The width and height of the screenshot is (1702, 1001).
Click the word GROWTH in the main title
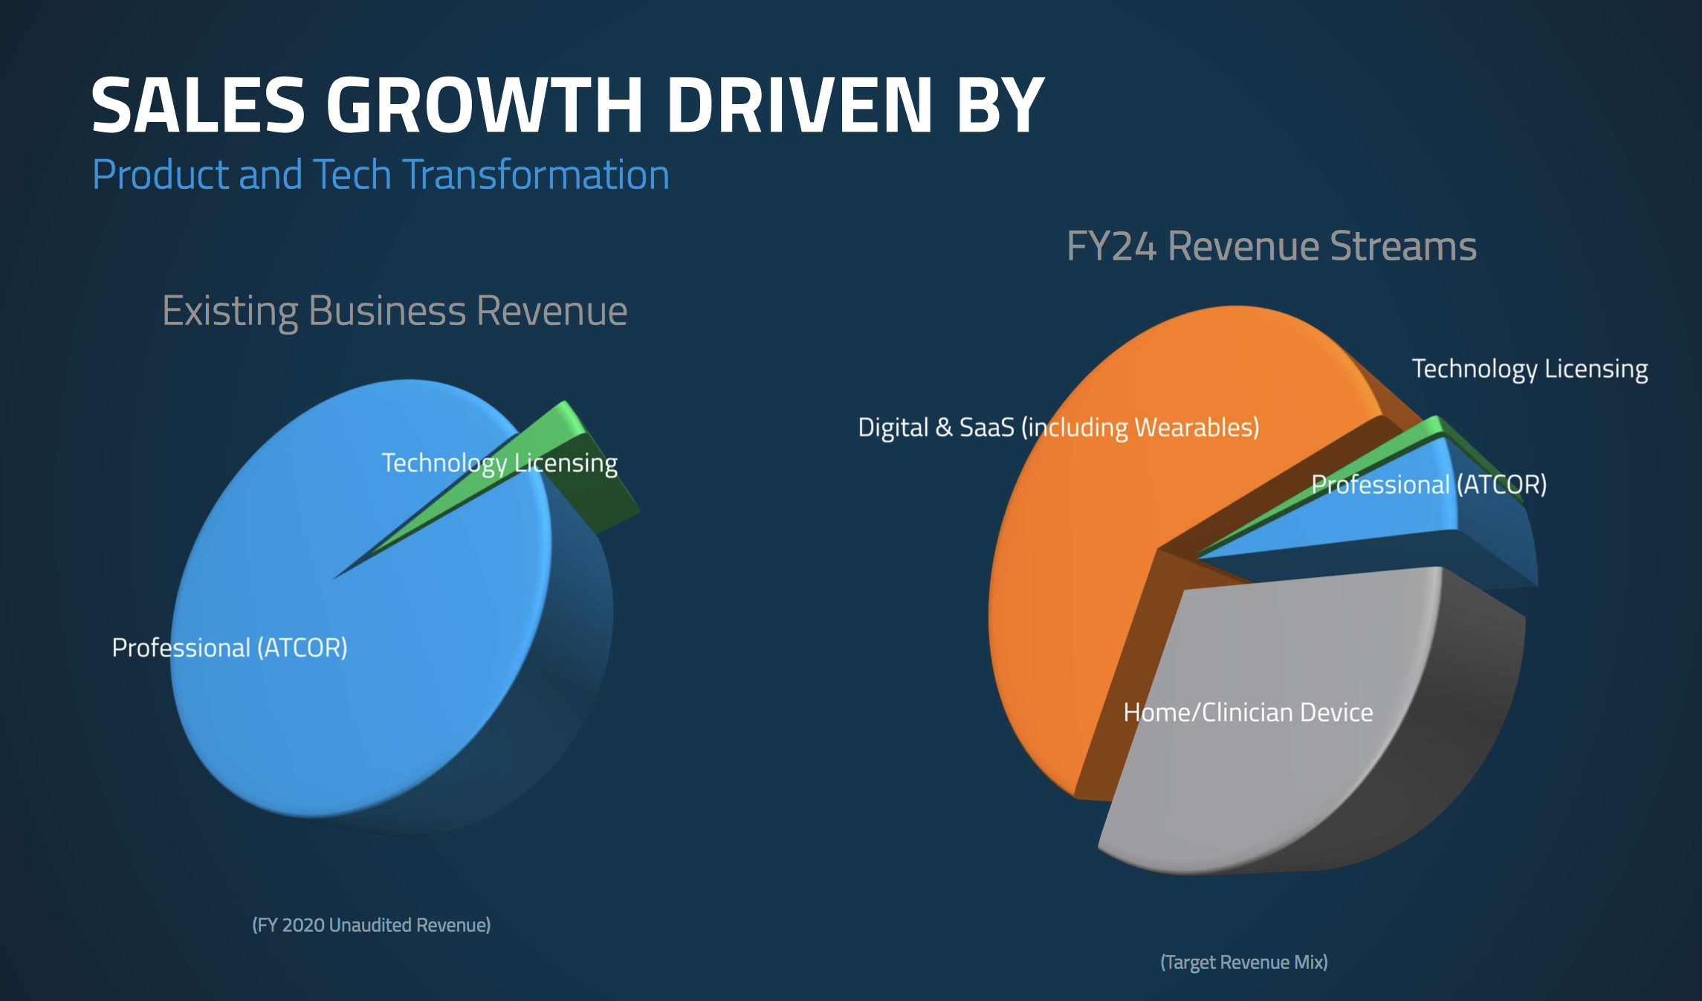484,105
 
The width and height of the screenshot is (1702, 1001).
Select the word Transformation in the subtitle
536,175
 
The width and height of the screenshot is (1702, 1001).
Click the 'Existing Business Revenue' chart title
395,311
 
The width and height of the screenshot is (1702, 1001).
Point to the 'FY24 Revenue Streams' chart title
1272,246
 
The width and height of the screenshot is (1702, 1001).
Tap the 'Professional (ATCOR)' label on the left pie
230,648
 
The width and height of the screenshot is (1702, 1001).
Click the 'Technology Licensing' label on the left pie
499,463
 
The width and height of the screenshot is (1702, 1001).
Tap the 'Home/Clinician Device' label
1248,712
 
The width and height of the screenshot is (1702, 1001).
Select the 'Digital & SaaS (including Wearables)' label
1058,428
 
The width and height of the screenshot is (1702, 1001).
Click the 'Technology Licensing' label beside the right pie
1530,369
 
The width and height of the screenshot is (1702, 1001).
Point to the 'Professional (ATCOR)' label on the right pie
1428,485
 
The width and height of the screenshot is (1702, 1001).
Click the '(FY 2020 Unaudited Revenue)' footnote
371,925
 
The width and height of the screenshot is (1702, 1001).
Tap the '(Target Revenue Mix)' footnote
1244,962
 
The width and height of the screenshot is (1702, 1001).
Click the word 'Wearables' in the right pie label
1192,428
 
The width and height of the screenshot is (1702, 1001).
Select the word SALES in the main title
198,105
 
